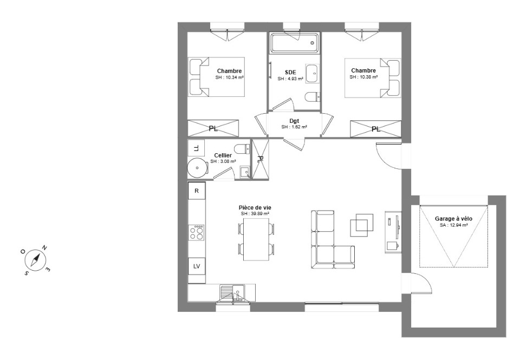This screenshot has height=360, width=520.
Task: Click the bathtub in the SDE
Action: coord(294,42)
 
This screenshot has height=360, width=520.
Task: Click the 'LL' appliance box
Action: coord(196,148)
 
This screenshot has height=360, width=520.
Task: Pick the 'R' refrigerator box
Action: coord(197,191)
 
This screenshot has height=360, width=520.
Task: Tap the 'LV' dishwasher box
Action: coord(197,266)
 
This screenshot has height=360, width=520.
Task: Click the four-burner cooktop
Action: coord(196,232)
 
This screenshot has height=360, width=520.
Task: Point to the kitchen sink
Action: coord(233,293)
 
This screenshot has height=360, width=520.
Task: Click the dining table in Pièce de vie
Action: coord(256,239)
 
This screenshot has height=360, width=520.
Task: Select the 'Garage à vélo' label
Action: coord(453,219)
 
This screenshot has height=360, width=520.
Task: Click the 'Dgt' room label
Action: coord(294,121)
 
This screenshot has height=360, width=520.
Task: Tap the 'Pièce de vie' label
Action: coord(255,207)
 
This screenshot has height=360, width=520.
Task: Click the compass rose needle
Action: coord(36,259)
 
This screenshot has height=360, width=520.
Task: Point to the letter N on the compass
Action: coord(44,247)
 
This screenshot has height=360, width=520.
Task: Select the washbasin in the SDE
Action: coord(312,74)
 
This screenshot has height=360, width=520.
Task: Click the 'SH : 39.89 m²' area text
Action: coord(255,213)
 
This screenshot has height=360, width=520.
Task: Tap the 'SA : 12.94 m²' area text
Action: coord(454,225)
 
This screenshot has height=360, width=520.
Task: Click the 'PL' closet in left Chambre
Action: coord(213,128)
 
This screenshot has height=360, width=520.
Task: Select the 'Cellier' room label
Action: coord(223,155)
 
